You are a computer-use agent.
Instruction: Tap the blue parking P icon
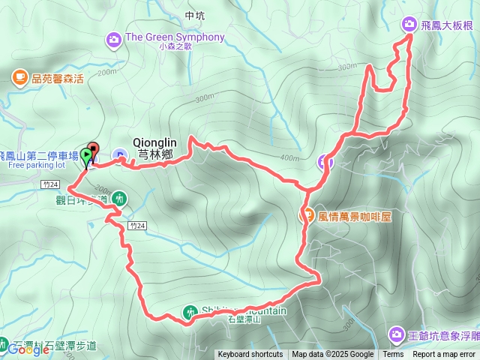point(119,156)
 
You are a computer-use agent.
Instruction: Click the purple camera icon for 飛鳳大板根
point(409,24)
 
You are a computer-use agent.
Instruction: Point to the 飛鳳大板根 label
point(447,25)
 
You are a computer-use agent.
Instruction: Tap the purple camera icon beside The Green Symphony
point(114,37)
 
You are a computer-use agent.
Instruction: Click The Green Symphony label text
point(175,37)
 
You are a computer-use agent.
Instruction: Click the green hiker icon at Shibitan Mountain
point(191,311)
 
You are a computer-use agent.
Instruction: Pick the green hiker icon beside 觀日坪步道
point(120,199)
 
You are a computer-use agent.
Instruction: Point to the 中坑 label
point(193,15)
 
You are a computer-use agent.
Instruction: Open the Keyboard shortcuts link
point(250,355)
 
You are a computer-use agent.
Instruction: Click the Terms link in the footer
point(393,355)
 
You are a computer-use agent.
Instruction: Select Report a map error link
point(444,355)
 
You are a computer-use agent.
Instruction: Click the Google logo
point(28,349)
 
